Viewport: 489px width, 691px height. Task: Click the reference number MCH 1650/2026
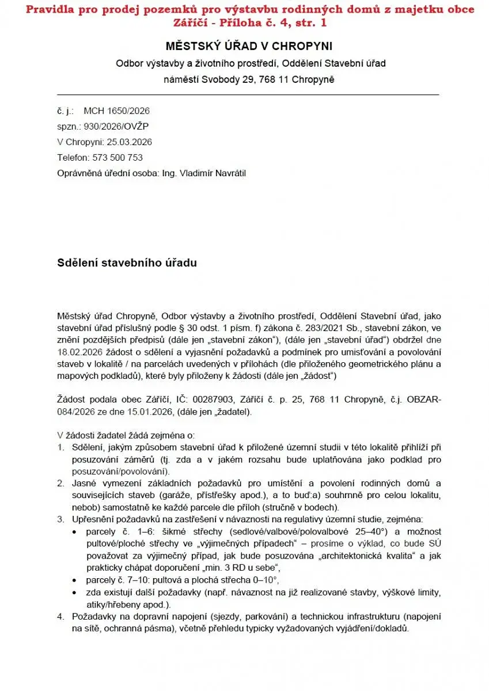(x=117, y=111)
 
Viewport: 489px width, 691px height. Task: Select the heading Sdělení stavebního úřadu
(x=127, y=263)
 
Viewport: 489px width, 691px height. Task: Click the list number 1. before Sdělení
(x=60, y=447)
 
